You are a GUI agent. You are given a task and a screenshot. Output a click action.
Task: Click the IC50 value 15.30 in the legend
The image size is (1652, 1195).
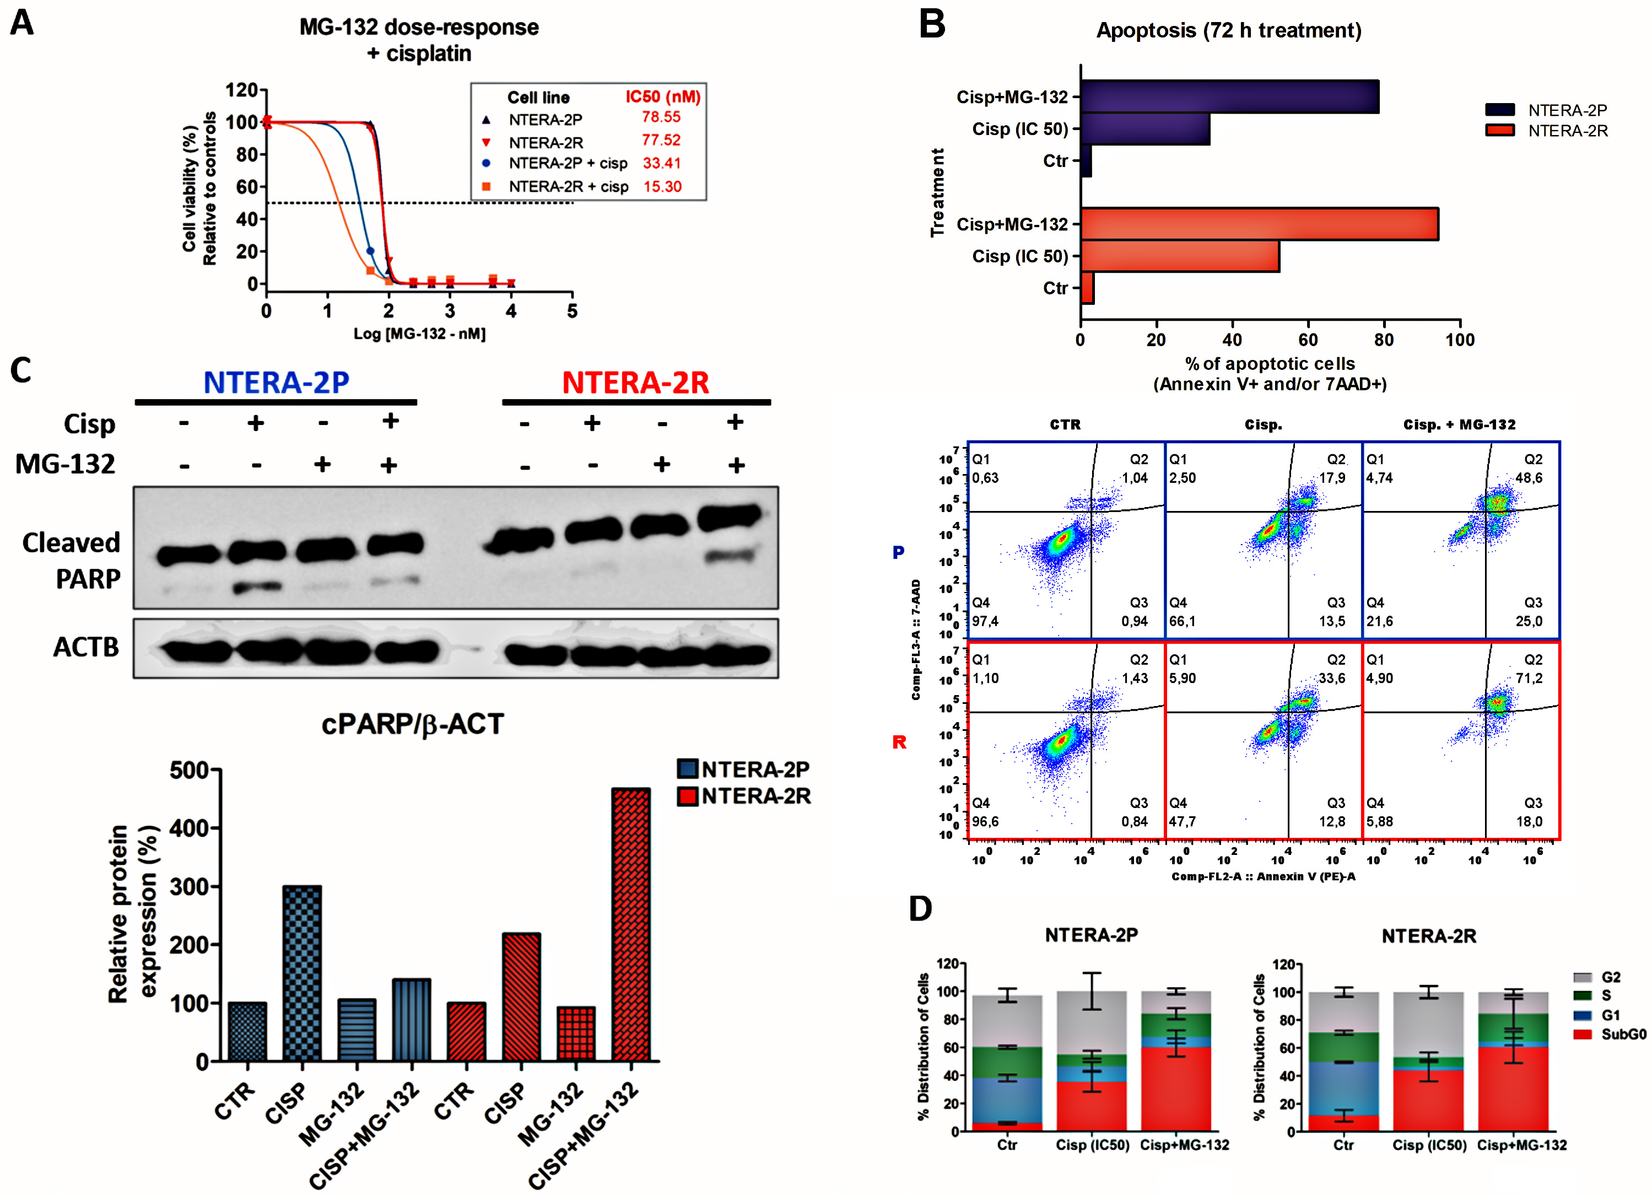pyautogui.click(x=662, y=186)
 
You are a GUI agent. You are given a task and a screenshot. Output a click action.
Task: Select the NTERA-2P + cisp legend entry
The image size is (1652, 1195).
pyautogui.click(x=568, y=163)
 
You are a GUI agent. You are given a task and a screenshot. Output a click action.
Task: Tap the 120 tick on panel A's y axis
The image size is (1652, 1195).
pyautogui.click(x=242, y=90)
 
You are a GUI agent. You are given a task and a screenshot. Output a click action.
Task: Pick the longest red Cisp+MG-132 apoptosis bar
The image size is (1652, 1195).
pyautogui.click(x=1259, y=224)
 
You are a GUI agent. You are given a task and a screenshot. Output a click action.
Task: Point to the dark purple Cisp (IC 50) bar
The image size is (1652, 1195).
pyautogui.click(x=1144, y=129)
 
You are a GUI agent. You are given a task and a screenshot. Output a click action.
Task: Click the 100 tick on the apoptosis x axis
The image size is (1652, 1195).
pyautogui.click(x=1459, y=340)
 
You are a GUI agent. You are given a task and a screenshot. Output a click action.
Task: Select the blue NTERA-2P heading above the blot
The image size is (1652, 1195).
pyautogui.click(x=276, y=383)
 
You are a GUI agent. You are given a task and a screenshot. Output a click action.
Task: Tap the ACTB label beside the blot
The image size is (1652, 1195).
pyautogui.click(x=86, y=647)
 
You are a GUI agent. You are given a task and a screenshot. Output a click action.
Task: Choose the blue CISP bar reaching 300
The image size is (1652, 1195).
pyautogui.click(x=303, y=973)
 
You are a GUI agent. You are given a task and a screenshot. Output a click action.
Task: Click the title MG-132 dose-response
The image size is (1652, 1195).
pyautogui.click(x=419, y=28)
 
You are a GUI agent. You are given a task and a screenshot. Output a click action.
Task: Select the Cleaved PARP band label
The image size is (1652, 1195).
pyautogui.click(x=72, y=561)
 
